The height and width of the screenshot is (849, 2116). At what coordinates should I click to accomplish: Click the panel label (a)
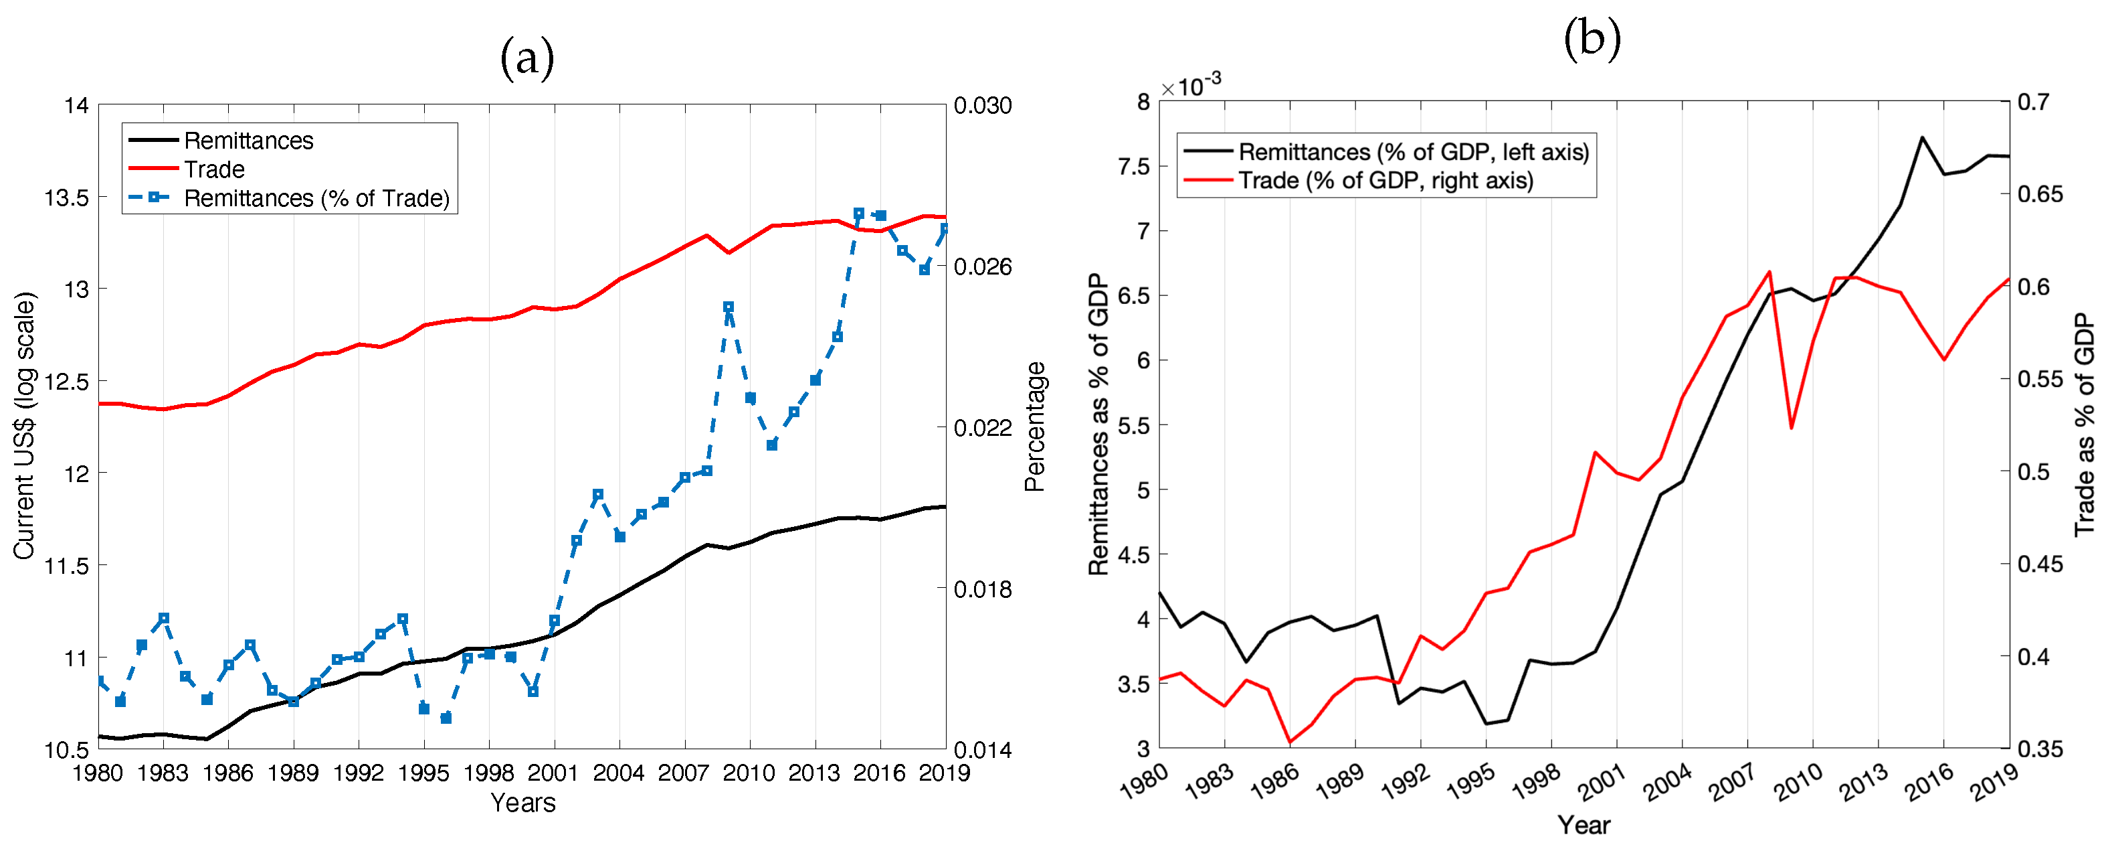[527, 58]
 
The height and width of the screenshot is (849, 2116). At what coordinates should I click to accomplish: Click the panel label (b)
[1591, 39]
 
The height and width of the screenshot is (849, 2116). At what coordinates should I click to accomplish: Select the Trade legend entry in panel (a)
[214, 169]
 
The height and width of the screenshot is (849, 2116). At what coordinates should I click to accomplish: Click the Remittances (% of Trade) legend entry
[316, 198]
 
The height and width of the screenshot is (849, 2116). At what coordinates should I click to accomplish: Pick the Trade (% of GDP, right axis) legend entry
[1385, 181]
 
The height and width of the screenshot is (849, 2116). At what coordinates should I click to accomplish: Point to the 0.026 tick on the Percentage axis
[983, 267]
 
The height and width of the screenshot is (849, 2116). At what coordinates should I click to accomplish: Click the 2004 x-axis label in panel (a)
[619, 773]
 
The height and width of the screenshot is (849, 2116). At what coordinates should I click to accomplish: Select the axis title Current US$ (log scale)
[25, 426]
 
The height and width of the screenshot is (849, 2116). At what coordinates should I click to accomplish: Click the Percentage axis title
[1035, 427]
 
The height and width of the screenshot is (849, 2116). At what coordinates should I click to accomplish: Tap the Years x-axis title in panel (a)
[522, 803]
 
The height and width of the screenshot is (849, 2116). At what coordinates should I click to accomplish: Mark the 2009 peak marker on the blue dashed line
[728, 307]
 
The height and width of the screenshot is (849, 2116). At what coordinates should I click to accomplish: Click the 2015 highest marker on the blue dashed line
[858, 214]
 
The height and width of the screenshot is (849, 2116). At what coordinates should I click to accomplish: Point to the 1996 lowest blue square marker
[446, 718]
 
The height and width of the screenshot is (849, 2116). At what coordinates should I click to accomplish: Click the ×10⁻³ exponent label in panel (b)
[1191, 84]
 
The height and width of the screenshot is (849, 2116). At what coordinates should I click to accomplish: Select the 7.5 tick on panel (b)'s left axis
[1135, 167]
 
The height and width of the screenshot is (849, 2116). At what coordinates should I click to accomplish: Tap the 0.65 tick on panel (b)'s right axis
[2040, 195]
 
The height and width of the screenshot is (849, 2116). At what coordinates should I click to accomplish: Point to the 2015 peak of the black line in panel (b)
[1922, 137]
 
